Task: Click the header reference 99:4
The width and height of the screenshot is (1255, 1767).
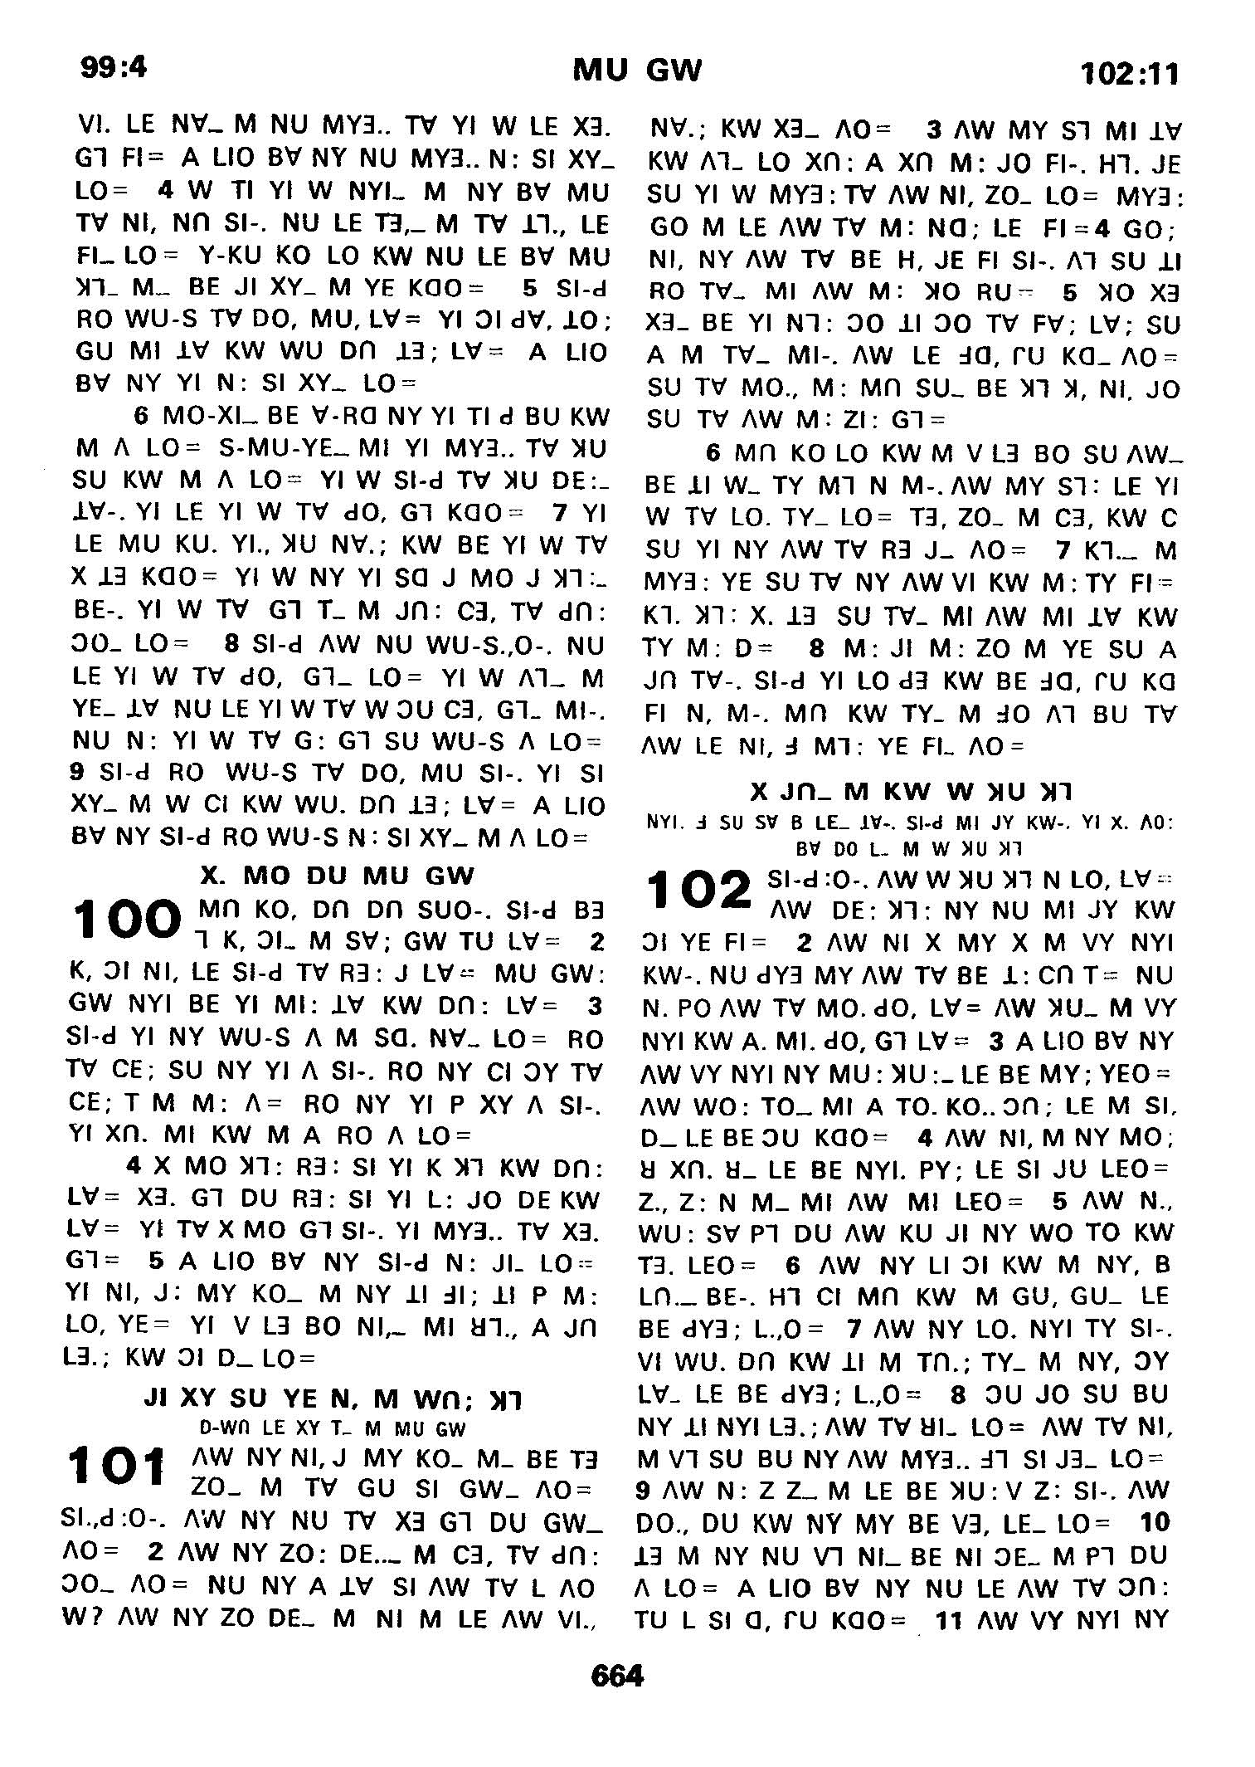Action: (x=114, y=66)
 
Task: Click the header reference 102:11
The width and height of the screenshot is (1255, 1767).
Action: (x=1129, y=75)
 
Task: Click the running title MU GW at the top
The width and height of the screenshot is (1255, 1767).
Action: (x=637, y=71)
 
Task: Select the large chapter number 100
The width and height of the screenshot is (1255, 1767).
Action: (x=127, y=920)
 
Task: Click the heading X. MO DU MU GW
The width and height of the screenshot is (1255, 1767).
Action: (x=338, y=876)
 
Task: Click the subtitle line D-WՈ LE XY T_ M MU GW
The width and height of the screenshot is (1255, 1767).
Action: (x=333, y=1429)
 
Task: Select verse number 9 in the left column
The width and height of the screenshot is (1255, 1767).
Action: (x=76, y=773)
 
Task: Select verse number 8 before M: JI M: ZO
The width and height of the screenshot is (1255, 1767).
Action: (x=818, y=648)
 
